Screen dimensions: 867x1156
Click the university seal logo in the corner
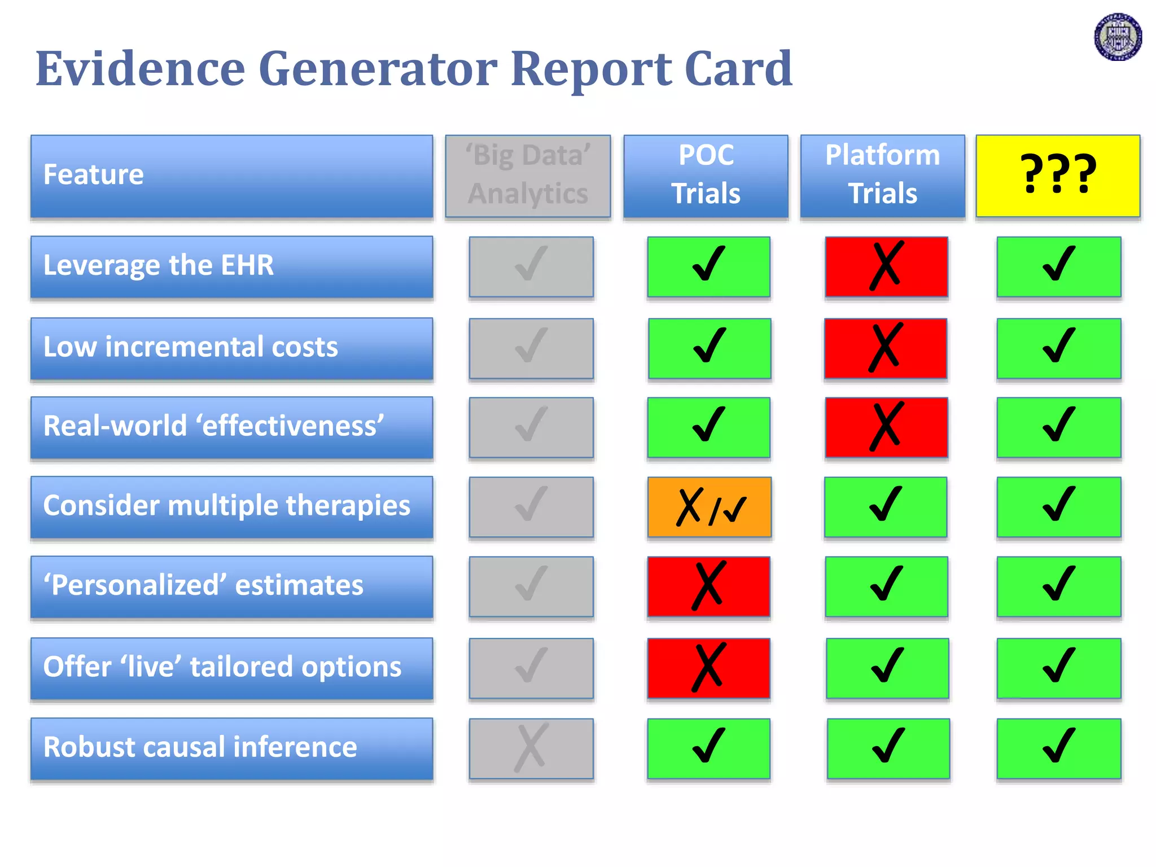(1118, 37)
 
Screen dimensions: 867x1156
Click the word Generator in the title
(378, 69)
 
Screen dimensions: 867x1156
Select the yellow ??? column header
(1058, 176)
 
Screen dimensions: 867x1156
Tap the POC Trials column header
(706, 176)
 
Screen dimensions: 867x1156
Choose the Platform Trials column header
(882, 176)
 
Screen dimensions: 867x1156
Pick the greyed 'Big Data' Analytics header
(528, 176)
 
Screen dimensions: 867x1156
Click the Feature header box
(231, 176)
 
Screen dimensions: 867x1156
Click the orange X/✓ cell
(710, 507)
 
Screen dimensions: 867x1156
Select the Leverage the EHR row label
(231, 266)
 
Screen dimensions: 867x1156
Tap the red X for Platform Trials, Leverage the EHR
(886, 266)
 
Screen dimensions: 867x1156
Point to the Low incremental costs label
(231, 348)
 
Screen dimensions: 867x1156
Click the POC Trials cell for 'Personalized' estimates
(708, 586)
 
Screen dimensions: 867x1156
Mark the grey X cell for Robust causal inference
(531, 748)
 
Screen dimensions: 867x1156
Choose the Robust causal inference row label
(231, 748)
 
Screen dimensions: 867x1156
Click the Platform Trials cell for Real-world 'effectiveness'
(886, 427)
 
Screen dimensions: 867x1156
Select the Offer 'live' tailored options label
(231, 668)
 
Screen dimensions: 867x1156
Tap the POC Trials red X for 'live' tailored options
(708, 668)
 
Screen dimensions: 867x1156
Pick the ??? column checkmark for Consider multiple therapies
(1059, 507)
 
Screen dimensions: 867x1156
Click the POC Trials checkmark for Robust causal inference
(708, 748)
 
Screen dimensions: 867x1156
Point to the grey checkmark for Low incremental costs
(531, 348)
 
